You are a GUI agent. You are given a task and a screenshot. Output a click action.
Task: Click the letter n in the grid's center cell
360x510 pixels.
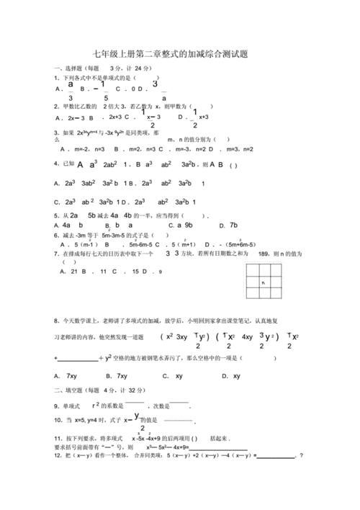point(264,282)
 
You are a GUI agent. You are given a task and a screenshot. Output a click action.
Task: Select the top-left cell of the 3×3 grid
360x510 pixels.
point(252,271)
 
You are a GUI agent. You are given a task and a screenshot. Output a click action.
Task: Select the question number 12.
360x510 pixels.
point(57,455)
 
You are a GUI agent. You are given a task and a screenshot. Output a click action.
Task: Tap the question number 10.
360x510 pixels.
point(57,419)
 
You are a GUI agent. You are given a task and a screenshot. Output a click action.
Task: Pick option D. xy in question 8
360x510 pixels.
point(231,375)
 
